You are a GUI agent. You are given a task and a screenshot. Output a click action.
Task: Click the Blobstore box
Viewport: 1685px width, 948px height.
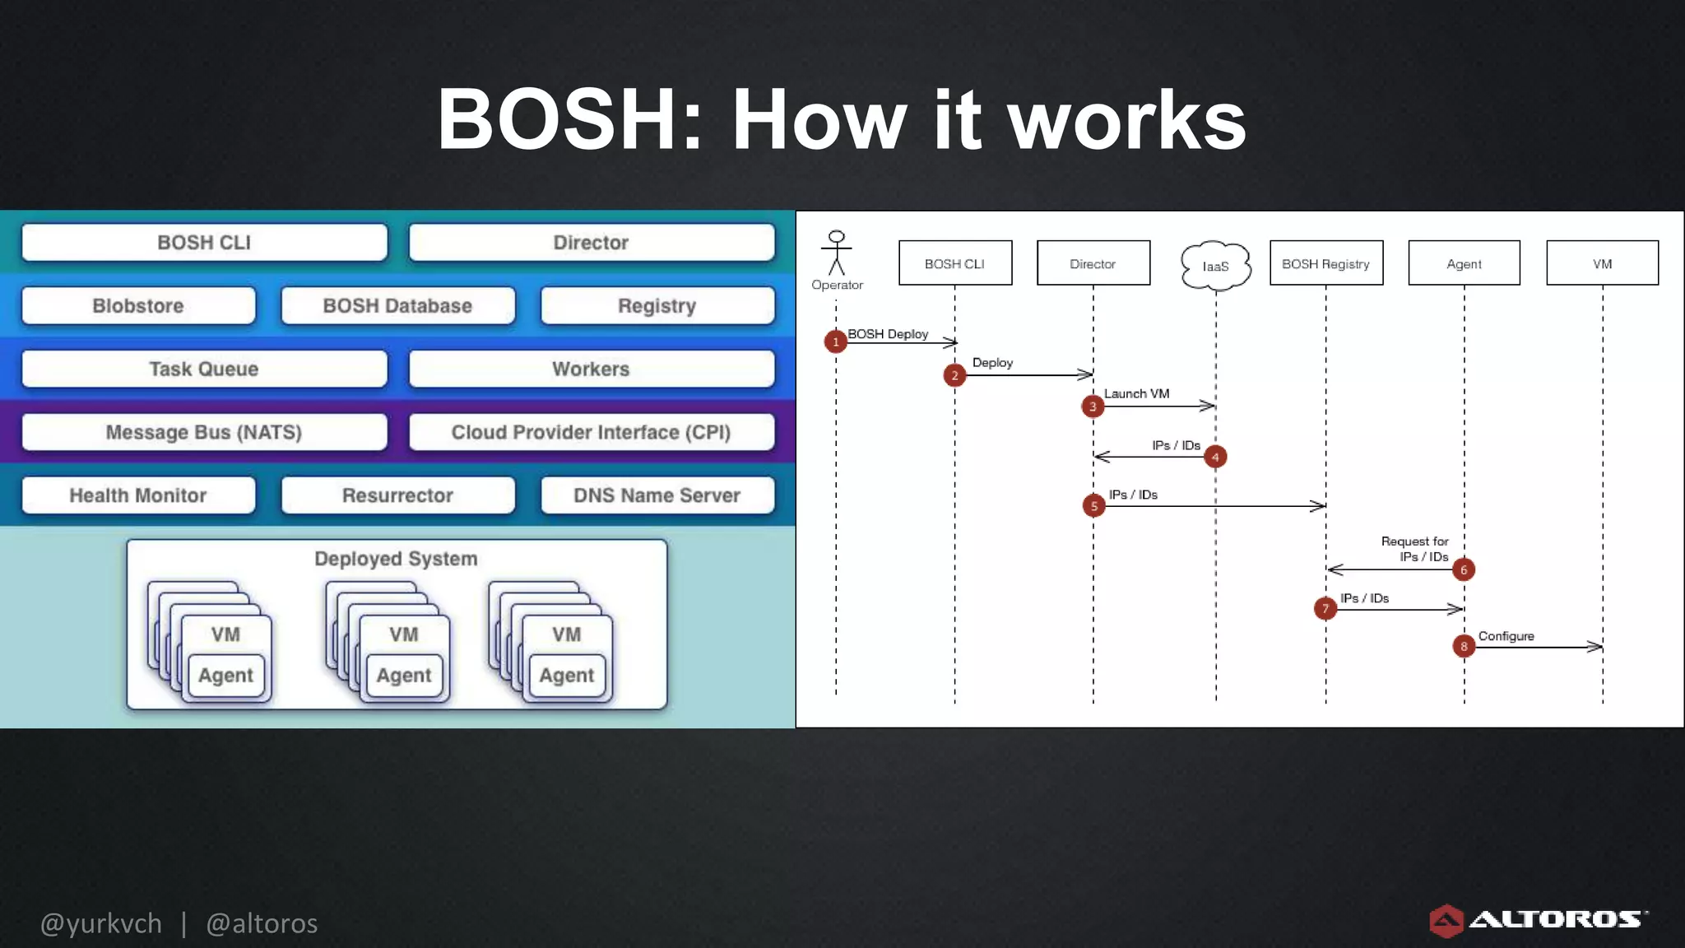pyautogui.click(x=138, y=306)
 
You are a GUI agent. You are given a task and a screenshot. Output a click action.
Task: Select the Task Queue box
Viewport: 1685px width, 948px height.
pyautogui.click(x=204, y=369)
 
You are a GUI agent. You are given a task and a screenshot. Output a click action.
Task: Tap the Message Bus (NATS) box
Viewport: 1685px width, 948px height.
pyautogui.click(x=204, y=432)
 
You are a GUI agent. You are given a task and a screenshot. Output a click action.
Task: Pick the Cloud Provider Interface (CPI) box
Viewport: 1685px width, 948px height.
pyautogui.click(x=591, y=432)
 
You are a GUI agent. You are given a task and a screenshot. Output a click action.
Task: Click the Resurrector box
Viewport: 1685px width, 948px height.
pyautogui.click(x=397, y=495)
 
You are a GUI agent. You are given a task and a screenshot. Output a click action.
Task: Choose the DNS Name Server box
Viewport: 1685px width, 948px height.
pyautogui.click(x=657, y=495)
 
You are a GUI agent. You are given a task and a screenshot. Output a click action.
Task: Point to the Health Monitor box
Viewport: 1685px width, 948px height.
pyautogui.click(x=138, y=495)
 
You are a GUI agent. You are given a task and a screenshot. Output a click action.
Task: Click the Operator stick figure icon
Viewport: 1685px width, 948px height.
pyautogui.click(x=837, y=253)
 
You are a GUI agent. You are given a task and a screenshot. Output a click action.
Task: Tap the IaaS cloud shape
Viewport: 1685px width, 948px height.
pyautogui.click(x=1215, y=266)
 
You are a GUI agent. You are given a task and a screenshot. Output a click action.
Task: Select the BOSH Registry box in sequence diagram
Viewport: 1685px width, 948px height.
pyautogui.click(x=1325, y=263)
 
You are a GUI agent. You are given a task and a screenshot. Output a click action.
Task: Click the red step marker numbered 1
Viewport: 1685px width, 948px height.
pyautogui.click(x=836, y=341)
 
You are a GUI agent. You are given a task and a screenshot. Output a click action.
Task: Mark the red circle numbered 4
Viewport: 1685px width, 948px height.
pyautogui.click(x=1215, y=457)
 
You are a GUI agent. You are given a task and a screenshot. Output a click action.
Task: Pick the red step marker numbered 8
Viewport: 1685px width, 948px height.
pyautogui.click(x=1464, y=646)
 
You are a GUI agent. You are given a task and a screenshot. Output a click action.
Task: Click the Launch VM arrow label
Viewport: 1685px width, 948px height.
pyautogui.click(x=1136, y=393)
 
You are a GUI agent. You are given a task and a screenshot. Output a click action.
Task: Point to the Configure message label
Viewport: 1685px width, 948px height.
pyautogui.click(x=1506, y=636)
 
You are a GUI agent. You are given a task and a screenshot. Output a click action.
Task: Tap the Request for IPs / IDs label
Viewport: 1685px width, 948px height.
pyautogui.click(x=1414, y=549)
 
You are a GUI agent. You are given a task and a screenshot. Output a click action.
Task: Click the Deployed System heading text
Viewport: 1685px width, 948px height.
pyautogui.click(x=396, y=559)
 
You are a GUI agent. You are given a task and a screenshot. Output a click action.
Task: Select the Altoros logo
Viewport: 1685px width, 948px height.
pyautogui.click(x=1537, y=920)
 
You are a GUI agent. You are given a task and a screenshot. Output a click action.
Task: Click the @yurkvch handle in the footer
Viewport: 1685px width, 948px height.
pyautogui.click(x=101, y=923)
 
